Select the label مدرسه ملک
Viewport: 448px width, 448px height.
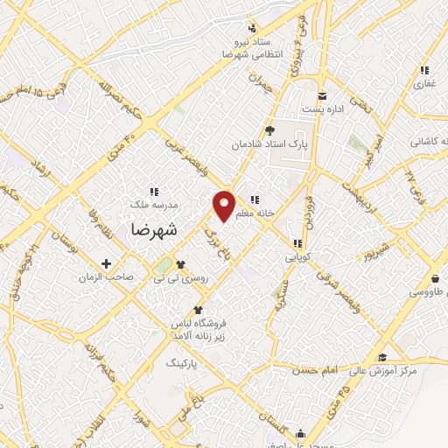pyautogui.click(x=160, y=204)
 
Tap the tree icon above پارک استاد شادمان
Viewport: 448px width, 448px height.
pyautogui.click(x=270, y=129)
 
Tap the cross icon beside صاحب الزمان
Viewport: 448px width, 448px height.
pyautogui.click(x=107, y=262)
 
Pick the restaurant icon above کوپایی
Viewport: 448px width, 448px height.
pyautogui.click(x=297, y=243)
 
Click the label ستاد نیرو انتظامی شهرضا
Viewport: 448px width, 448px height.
pyautogui.click(x=253, y=47)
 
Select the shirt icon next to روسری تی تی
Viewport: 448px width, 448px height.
pyautogui.click(x=180, y=263)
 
